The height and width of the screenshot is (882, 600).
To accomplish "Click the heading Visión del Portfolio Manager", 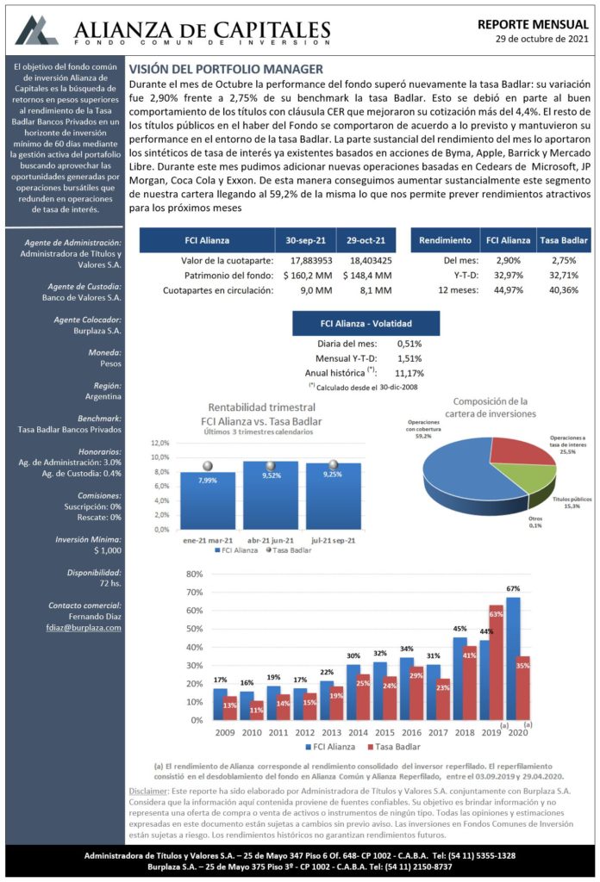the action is click(x=226, y=69).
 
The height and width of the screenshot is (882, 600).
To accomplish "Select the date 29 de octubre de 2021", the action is click(x=542, y=39).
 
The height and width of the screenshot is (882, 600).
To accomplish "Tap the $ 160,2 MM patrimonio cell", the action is click(x=308, y=276).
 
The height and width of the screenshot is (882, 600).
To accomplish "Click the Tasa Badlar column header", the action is click(x=564, y=240).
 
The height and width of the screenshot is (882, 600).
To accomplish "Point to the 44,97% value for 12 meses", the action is click(x=509, y=290).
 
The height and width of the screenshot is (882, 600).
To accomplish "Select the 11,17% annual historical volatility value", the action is click(x=409, y=373).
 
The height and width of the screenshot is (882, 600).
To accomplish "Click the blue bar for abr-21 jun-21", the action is click(x=271, y=495).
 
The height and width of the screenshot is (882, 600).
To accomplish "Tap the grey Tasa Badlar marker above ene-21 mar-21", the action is click(x=208, y=466).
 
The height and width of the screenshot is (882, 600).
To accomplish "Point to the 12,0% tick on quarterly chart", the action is click(x=160, y=444).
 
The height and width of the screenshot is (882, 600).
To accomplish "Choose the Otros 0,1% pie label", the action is click(x=535, y=522).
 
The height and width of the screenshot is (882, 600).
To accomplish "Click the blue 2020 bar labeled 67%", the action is click(x=513, y=659).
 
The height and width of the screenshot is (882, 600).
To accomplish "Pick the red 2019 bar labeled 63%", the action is click(x=496, y=662).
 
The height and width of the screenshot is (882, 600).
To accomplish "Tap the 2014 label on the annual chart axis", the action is click(x=358, y=732).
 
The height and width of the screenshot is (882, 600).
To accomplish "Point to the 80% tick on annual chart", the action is click(x=194, y=575).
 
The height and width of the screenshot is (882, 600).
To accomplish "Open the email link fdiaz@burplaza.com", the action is click(x=84, y=628).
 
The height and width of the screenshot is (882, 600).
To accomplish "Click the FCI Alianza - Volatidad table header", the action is click(x=366, y=324).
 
